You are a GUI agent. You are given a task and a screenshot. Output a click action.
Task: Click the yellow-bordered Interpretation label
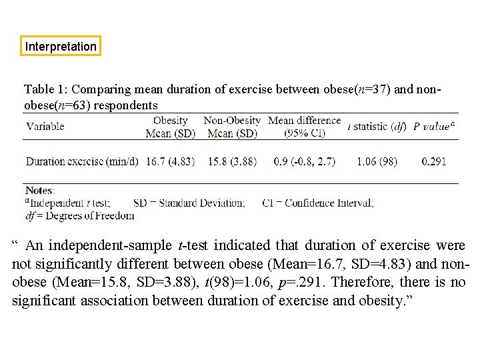(61, 47)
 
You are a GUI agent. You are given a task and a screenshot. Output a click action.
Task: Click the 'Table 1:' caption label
(46, 89)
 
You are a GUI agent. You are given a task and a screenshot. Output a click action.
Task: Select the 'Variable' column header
(45, 126)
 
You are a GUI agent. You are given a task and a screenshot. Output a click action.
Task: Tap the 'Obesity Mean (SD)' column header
(170, 127)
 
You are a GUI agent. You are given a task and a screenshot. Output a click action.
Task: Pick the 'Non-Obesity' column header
(231, 121)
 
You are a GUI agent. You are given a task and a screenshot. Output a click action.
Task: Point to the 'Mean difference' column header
(304, 121)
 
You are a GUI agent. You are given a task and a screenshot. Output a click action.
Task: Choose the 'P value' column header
(433, 126)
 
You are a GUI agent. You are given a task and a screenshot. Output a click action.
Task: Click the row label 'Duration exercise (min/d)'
(81, 161)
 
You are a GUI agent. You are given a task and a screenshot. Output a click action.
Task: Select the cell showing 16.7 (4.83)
(169, 161)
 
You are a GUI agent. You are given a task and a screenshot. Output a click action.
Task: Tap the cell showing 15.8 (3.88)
(231, 161)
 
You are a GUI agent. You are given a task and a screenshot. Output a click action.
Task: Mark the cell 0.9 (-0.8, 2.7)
(304, 161)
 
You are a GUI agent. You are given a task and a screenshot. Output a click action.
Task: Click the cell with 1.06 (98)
(377, 161)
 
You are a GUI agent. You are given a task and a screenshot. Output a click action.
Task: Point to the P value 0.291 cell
(434, 161)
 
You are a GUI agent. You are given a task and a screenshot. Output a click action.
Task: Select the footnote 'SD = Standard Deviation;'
(189, 203)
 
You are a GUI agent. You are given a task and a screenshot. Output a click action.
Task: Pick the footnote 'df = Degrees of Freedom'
(79, 215)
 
